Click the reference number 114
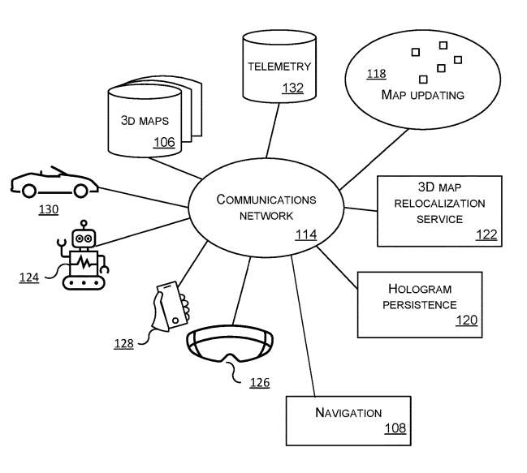pyautogui.click(x=305, y=235)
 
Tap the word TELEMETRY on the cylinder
pyautogui.click(x=279, y=67)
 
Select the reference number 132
pyautogui.click(x=292, y=88)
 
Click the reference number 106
pyautogui.click(x=164, y=143)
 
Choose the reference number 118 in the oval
pyautogui.click(x=376, y=75)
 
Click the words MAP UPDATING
pyautogui.click(x=422, y=95)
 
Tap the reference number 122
pyautogui.click(x=486, y=234)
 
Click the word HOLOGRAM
pyautogui.click(x=419, y=289)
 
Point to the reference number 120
pyautogui.click(x=466, y=320)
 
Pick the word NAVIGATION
pyautogui.click(x=348, y=413)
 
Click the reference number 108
pyautogui.click(x=395, y=429)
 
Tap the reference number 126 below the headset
pyautogui.click(x=259, y=382)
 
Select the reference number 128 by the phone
pyautogui.click(x=123, y=344)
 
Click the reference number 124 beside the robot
pyautogui.click(x=30, y=277)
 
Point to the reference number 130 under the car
pyautogui.click(x=49, y=209)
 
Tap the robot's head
pyautogui.click(x=84, y=238)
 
